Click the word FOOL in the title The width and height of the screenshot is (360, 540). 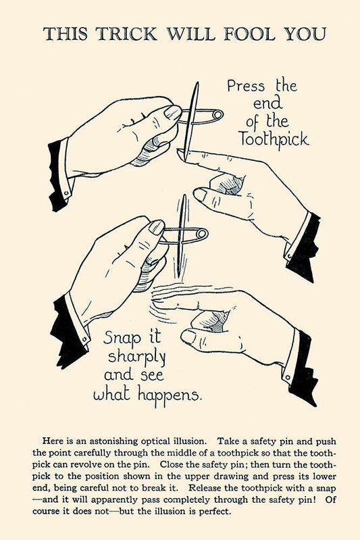tap(249, 34)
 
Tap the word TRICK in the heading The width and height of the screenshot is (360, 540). tap(126, 34)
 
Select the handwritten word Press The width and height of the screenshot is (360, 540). tap(246, 86)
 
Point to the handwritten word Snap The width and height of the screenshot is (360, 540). tap(122, 338)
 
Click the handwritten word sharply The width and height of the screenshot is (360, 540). tap(137, 357)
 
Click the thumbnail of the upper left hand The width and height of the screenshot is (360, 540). tap(172, 112)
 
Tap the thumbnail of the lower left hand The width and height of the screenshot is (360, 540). tap(157, 227)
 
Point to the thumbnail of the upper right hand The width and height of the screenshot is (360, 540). tap(201, 194)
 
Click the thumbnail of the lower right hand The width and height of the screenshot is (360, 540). tap(188, 336)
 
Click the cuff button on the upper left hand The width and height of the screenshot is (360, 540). tap(66, 193)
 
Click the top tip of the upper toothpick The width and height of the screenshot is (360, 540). tap(197, 82)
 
